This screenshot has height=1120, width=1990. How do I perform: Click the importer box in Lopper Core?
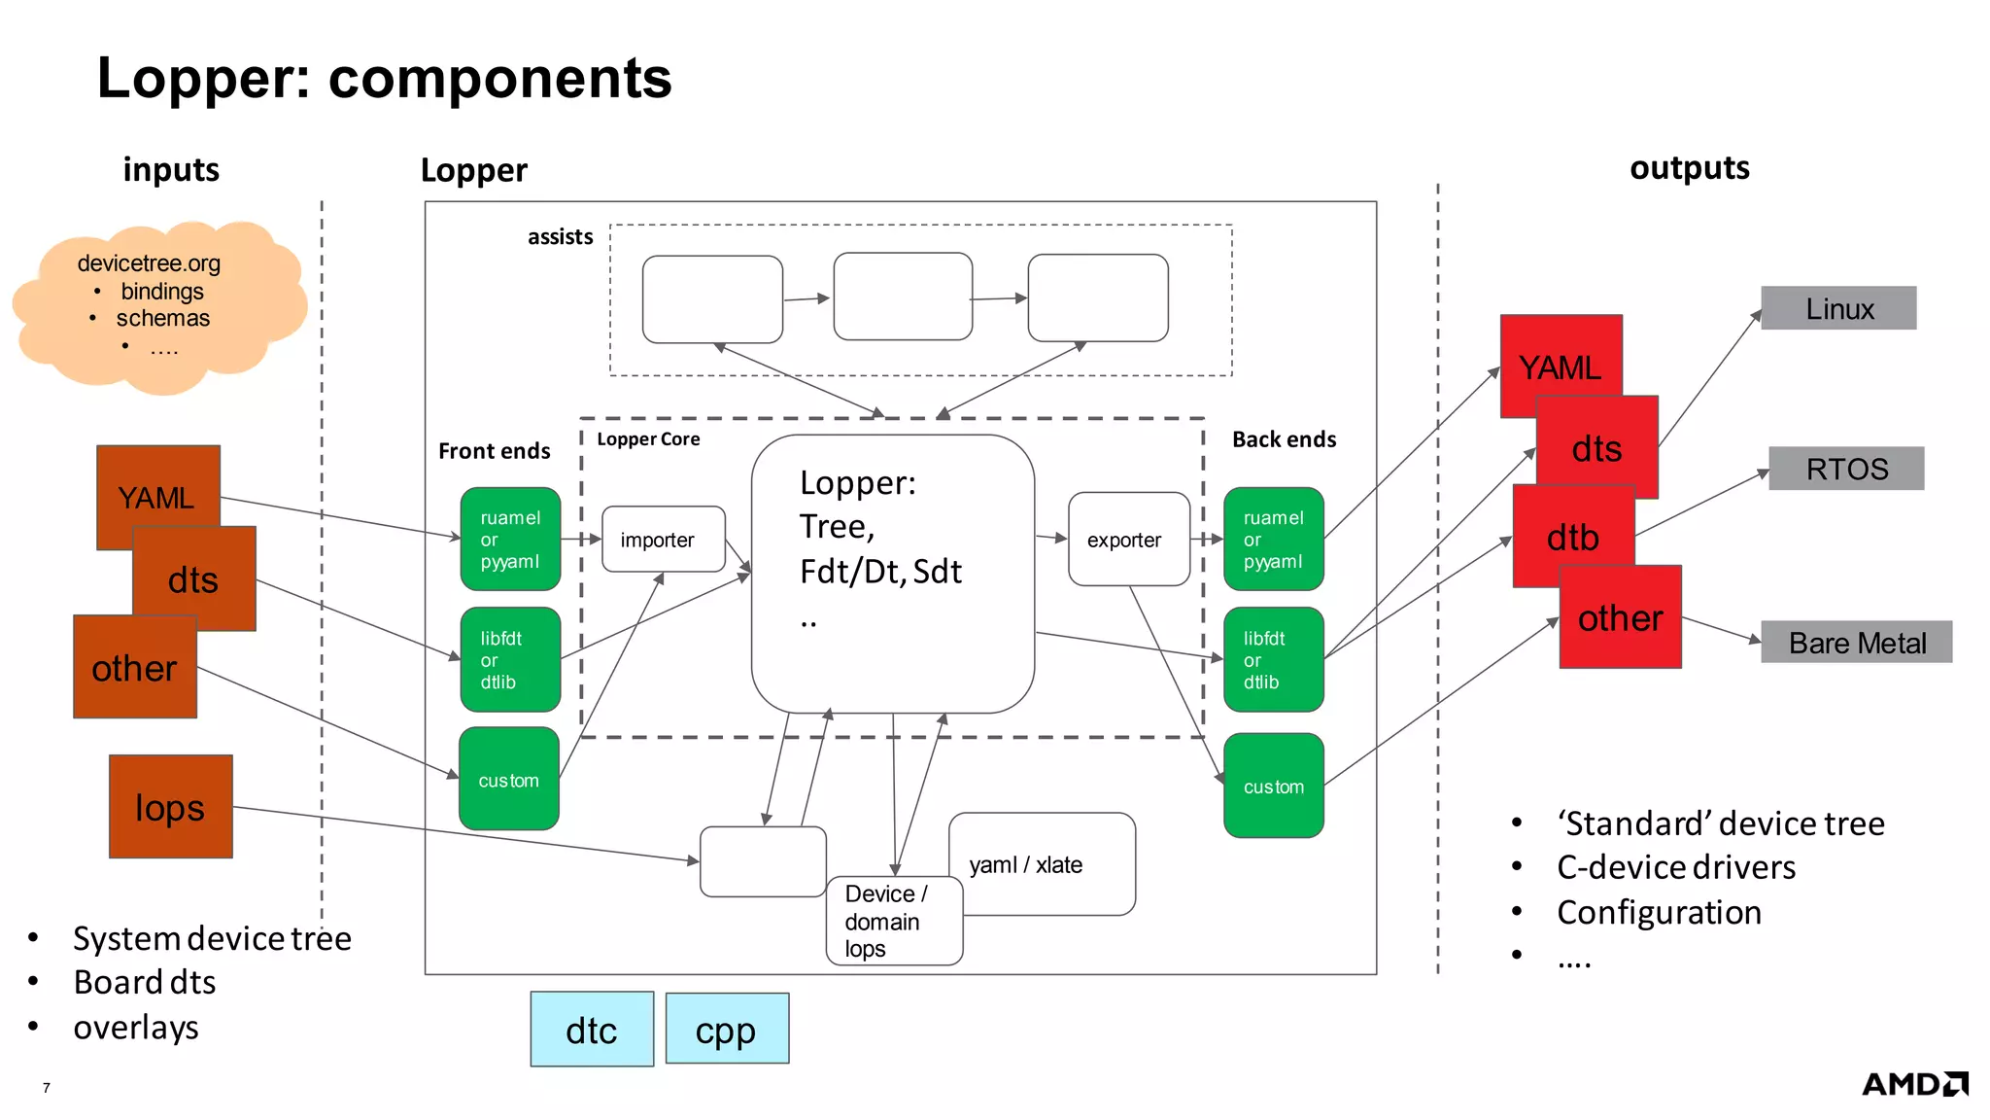pos(663,540)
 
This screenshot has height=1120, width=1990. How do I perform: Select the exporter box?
pos(1128,540)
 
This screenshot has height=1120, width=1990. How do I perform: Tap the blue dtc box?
pos(592,1030)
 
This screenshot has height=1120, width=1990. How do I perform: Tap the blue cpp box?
pos(727,1030)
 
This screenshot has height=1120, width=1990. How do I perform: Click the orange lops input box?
pos(171,807)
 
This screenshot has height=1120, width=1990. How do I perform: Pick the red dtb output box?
pos(1572,538)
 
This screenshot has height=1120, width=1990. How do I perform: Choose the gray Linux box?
pos(1838,308)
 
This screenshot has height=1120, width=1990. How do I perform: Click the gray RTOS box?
pos(1845,469)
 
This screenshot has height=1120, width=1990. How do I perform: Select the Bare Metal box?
pos(1856,643)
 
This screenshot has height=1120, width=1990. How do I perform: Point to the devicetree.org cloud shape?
pos(160,306)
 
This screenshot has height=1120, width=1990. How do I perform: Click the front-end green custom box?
pos(508,780)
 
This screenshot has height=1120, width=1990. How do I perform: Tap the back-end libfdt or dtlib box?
pos(1273,660)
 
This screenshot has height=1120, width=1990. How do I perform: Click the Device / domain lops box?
pos(893,922)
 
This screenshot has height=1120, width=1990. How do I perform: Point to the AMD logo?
pos(1913,1084)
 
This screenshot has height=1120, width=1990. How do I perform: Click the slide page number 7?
pos(46,1088)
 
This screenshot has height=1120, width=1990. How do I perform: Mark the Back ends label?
pos(1284,439)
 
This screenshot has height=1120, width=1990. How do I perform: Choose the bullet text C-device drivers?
pos(1675,867)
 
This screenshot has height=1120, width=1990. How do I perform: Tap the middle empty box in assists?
pos(903,297)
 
